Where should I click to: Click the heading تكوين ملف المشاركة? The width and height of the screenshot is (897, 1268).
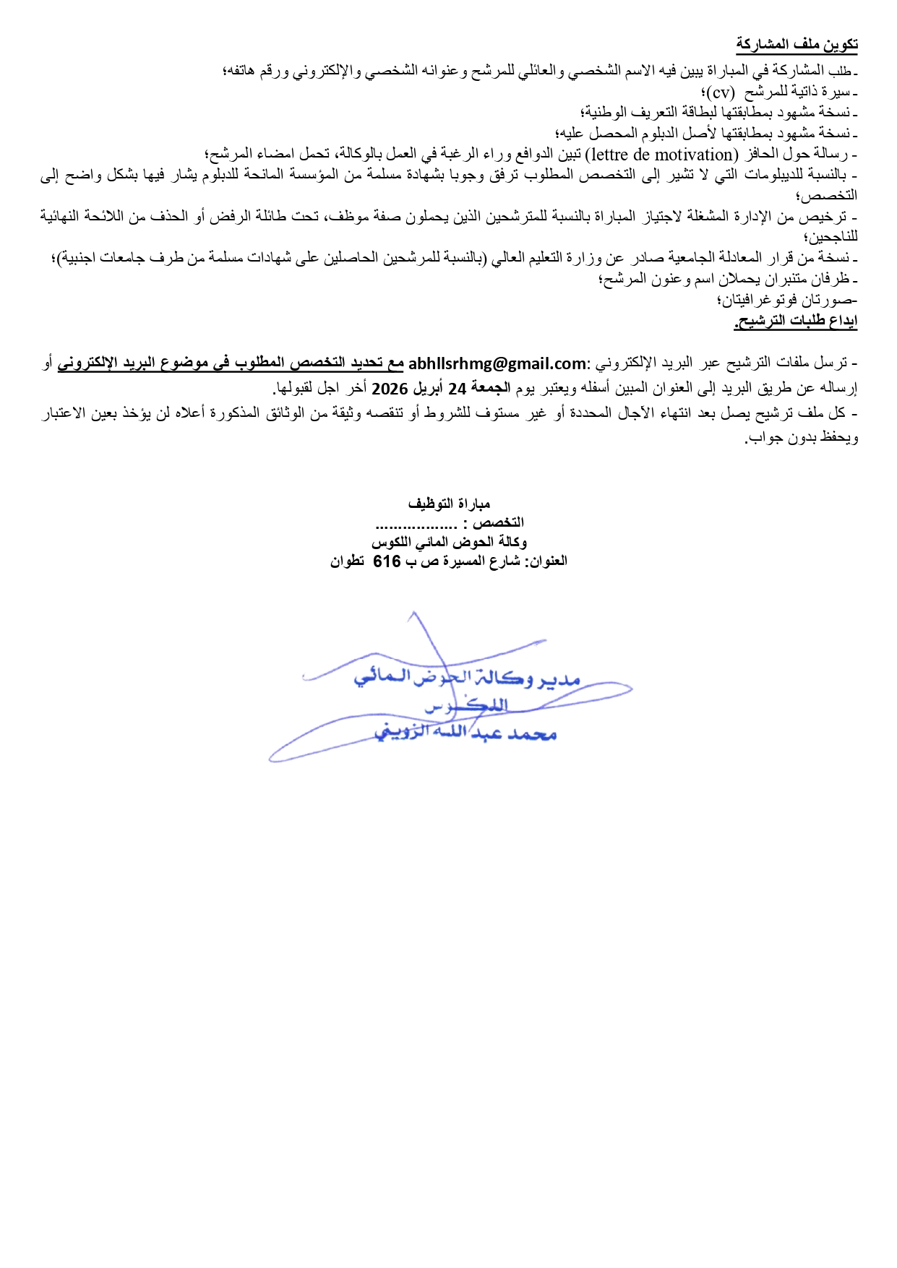[797, 45]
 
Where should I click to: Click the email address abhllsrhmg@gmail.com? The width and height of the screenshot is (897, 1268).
[497, 363]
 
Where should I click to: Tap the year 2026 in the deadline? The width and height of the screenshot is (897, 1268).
[390, 389]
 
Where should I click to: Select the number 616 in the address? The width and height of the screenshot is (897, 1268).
[387, 561]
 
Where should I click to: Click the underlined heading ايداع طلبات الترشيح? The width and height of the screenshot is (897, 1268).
[796, 322]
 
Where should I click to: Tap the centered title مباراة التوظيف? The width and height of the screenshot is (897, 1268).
[449, 503]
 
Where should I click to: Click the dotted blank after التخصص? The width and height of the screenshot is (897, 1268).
[416, 523]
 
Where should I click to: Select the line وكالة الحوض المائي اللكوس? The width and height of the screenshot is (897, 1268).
[449, 542]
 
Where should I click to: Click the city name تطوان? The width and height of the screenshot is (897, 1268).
[347, 561]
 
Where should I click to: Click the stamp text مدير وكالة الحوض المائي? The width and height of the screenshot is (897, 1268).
[467, 678]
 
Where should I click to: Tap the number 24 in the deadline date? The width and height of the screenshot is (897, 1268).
[457, 389]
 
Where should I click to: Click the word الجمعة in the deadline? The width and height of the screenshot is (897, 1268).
[491, 389]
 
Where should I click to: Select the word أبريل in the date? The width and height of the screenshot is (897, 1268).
[429, 389]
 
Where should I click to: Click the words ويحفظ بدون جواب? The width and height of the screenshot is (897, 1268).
[803, 439]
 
